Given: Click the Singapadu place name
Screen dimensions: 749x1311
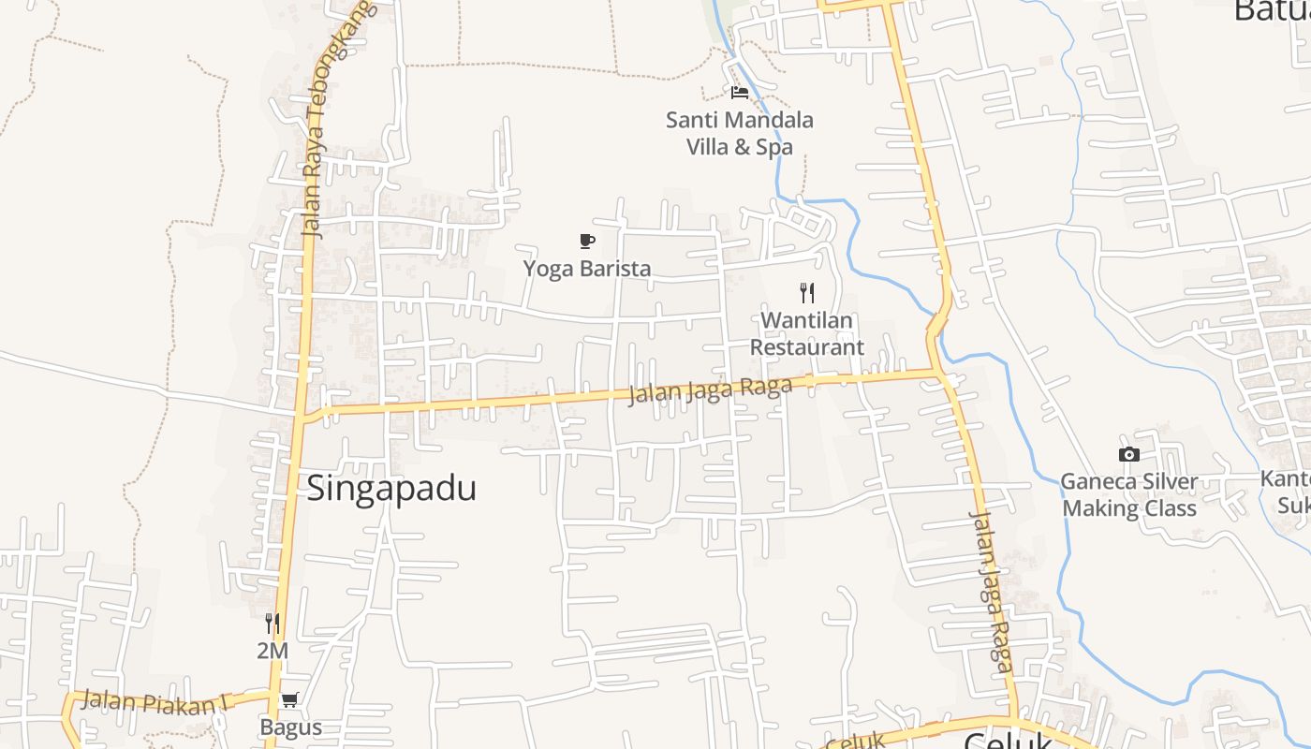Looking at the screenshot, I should tap(391, 489).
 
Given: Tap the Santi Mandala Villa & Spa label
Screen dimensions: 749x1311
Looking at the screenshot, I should tap(740, 133).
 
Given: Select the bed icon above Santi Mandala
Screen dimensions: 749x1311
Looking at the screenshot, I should tap(740, 93).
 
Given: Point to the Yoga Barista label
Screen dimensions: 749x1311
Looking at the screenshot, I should tap(587, 269).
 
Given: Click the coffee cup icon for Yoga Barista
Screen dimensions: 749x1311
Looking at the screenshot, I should tap(587, 242).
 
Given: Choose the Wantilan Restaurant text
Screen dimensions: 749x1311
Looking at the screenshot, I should tap(807, 333).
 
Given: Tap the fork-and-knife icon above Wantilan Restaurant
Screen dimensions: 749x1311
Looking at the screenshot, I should tap(807, 293).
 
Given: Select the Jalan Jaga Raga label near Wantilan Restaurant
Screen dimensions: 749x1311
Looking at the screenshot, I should tap(710, 389).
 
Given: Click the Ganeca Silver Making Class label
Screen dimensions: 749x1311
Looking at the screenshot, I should tap(1129, 495).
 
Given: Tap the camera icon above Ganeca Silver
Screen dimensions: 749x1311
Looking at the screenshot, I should tap(1129, 455).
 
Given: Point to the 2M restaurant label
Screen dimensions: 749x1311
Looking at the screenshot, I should tap(273, 651).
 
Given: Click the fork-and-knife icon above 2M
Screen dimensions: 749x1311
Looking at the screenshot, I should tap(273, 624).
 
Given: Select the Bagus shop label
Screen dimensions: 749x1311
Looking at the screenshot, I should tap(290, 727).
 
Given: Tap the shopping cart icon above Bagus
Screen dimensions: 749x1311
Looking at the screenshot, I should tap(290, 699).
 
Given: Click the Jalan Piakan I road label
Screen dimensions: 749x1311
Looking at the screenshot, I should tap(150, 702).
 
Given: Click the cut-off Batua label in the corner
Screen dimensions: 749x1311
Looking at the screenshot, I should tap(1272, 11).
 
